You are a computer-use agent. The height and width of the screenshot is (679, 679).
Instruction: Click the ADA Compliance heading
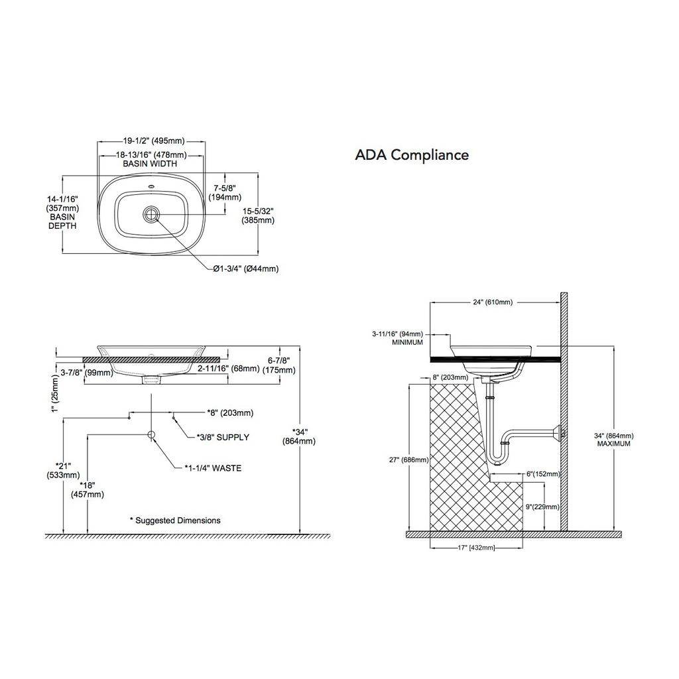(x=412, y=155)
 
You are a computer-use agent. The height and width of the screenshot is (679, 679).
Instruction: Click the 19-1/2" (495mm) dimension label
(x=154, y=141)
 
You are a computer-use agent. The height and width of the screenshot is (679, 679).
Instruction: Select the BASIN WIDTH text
(x=150, y=164)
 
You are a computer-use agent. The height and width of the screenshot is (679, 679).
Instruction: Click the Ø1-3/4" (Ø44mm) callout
(x=245, y=269)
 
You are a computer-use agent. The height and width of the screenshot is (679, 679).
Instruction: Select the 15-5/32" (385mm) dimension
(x=258, y=216)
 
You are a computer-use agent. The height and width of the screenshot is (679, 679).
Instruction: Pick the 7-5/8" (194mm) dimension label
(x=225, y=193)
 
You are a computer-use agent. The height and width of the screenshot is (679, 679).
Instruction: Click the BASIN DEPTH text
(x=62, y=221)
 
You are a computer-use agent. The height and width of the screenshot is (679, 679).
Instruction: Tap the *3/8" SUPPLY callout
(x=223, y=438)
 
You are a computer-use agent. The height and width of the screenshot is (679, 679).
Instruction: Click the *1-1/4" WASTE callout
(x=213, y=468)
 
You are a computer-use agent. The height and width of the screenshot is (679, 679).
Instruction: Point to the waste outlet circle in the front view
(x=152, y=435)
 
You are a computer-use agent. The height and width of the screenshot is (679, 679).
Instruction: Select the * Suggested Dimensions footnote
(x=175, y=521)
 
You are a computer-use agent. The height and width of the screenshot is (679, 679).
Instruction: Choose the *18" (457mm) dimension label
(x=88, y=490)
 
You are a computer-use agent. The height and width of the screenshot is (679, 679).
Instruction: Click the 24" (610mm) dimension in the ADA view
(x=493, y=302)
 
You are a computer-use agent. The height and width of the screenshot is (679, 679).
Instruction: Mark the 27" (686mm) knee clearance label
(x=408, y=460)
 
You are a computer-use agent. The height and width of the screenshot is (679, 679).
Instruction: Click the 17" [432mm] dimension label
(x=476, y=548)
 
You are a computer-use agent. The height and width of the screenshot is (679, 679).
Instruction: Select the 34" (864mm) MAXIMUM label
(x=613, y=440)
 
